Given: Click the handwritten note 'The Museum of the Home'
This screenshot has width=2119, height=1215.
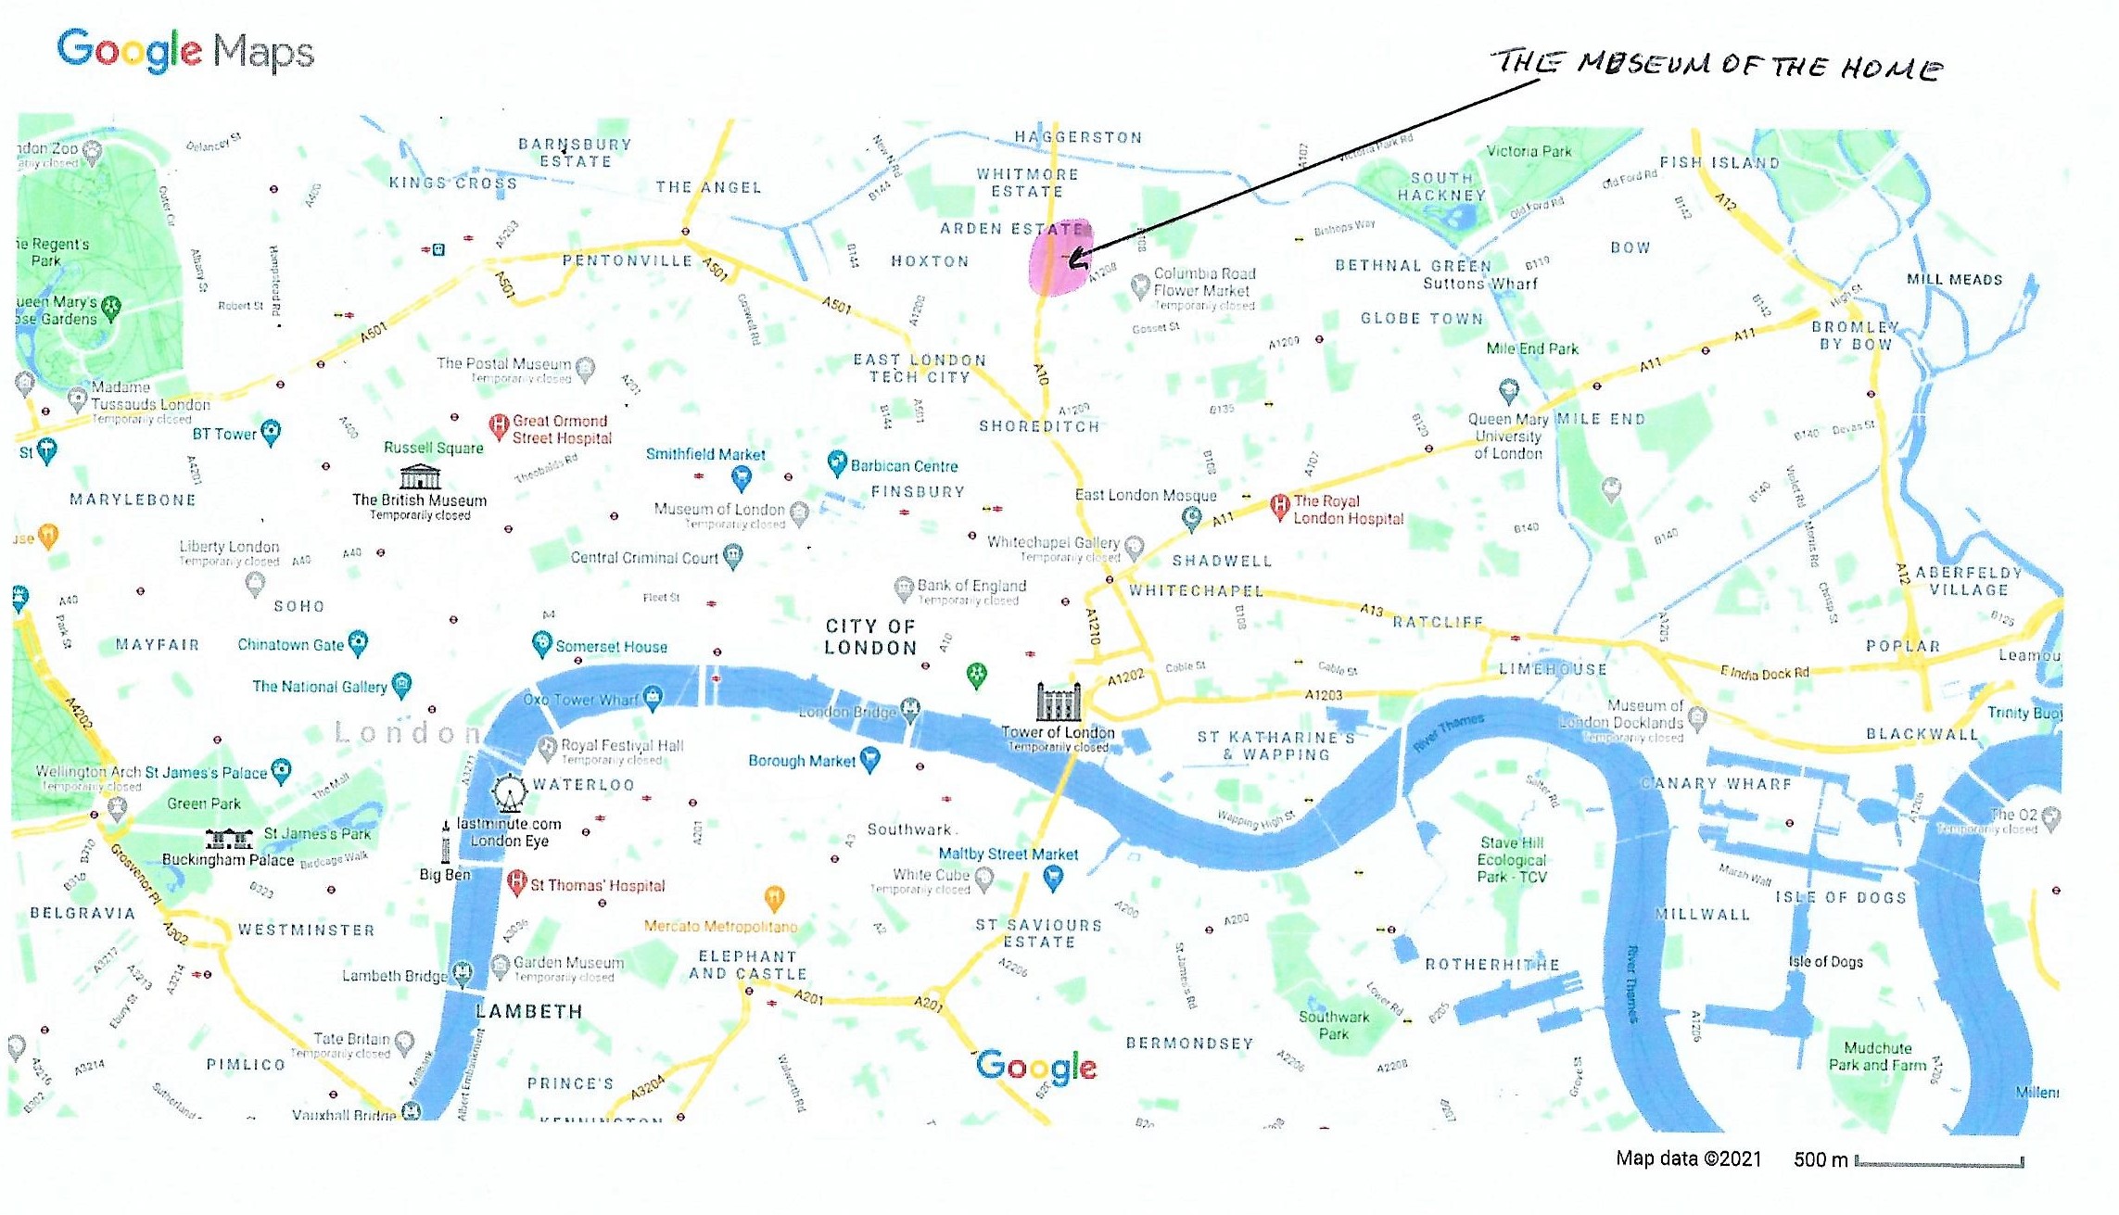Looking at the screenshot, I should tap(1717, 65).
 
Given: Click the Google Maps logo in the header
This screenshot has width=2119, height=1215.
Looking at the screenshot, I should tap(185, 51).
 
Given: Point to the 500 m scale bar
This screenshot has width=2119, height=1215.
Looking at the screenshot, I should tap(1938, 1161).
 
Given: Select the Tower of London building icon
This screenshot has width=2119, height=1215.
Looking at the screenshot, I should tap(1058, 702).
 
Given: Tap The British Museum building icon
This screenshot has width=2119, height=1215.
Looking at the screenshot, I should tap(420, 476).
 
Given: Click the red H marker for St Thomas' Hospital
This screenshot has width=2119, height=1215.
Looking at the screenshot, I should tap(517, 881).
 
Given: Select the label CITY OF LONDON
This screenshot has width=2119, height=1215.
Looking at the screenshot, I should tap(870, 637).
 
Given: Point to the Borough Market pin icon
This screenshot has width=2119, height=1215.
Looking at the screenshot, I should tap(869, 760).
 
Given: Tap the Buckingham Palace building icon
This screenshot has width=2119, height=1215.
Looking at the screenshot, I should tap(229, 840).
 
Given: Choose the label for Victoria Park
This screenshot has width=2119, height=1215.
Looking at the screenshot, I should tap(1529, 151).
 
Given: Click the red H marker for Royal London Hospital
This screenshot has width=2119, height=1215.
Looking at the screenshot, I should tap(1280, 506).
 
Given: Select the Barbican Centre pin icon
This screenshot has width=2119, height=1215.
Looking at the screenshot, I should tap(837, 462).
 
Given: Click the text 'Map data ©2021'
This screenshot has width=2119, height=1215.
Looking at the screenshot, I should tap(1688, 1158).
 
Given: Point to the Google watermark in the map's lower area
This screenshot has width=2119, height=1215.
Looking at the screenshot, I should tap(1035, 1067).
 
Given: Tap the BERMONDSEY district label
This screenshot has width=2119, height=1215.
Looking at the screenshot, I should tap(1189, 1044).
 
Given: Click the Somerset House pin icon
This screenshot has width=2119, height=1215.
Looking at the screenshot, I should tap(542, 643).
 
